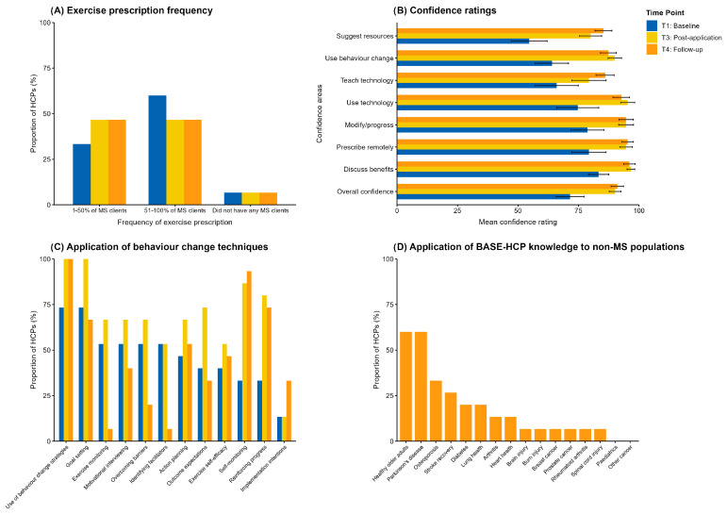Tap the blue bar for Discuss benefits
coord(497,174)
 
